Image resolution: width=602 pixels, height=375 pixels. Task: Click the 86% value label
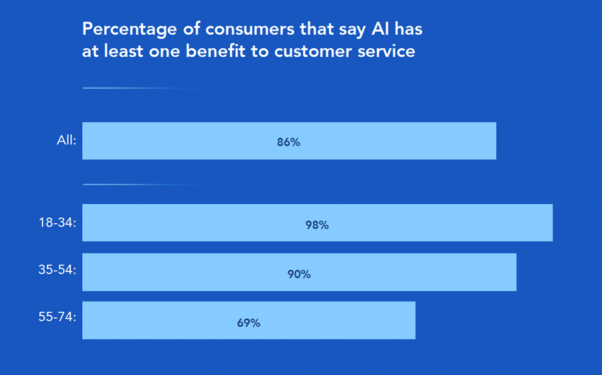tap(289, 142)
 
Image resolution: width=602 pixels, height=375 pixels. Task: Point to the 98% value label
tap(317, 225)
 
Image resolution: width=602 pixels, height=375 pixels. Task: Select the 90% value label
tap(299, 274)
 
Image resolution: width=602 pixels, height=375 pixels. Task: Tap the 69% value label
tap(249, 323)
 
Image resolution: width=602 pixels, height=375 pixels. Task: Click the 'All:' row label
tap(67, 141)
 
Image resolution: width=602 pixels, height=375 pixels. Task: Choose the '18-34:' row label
tap(58, 223)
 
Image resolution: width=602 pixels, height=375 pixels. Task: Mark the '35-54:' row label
tap(58, 271)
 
